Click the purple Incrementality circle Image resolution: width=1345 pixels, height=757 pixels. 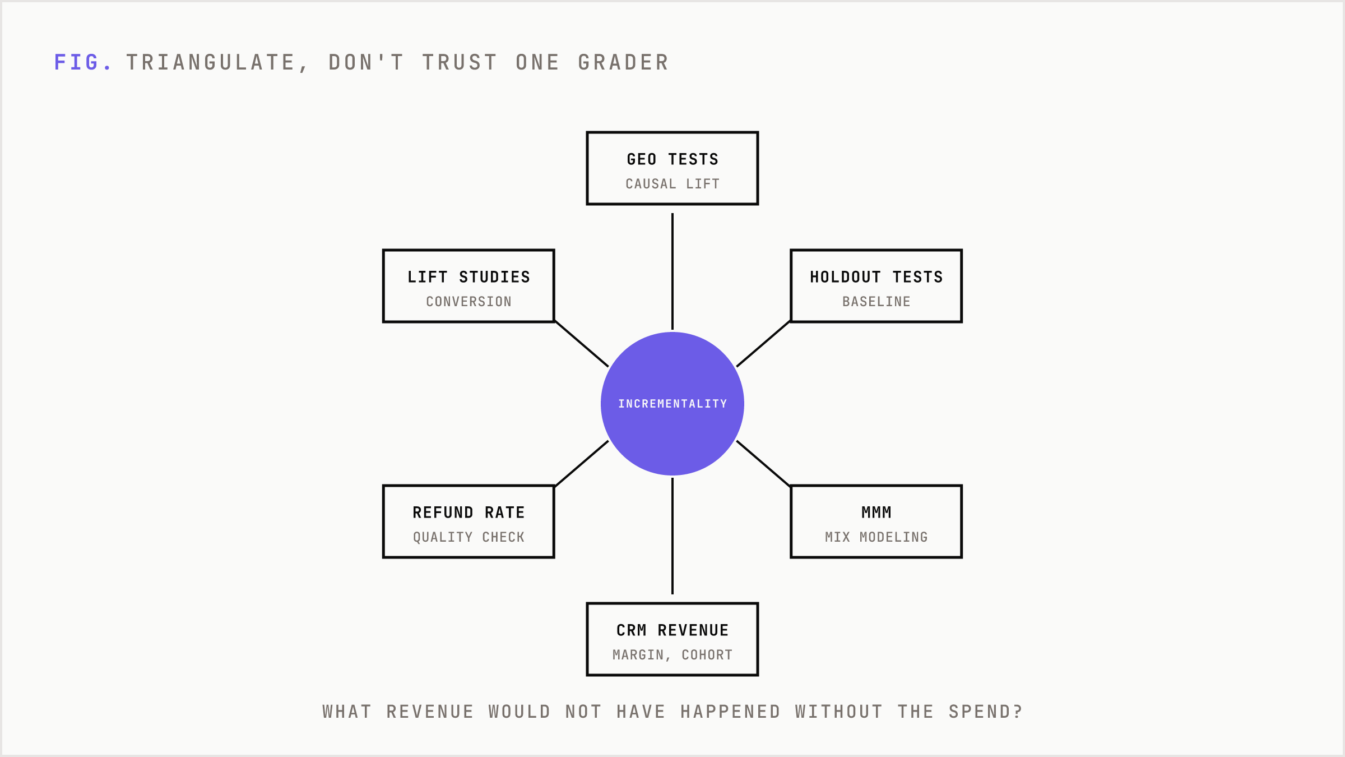(672, 404)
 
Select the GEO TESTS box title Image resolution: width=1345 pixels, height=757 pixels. (672, 159)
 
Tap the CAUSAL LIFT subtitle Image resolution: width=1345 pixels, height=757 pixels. (672, 184)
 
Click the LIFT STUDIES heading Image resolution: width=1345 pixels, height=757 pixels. (469, 277)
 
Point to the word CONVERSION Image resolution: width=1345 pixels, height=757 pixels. (469, 302)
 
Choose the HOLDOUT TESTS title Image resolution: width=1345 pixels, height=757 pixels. (876, 277)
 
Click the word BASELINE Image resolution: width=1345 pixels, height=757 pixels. (876, 302)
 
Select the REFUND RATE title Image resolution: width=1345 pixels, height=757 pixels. (469, 513)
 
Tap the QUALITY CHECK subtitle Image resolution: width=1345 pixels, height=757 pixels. (469, 537)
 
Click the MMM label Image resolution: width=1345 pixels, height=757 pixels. (876, 513)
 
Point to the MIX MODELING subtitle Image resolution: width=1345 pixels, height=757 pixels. (876, 537)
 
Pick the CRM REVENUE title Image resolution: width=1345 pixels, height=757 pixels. (672, 630)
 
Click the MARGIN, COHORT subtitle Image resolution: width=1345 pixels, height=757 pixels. (672, 655)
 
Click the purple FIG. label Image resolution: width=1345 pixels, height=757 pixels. (83, 62)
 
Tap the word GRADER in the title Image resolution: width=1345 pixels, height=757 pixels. (624, 62)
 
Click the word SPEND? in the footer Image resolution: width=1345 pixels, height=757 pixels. (986, 712)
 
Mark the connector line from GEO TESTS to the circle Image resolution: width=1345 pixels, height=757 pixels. (672, 271)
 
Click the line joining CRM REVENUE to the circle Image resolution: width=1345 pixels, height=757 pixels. (672, 536)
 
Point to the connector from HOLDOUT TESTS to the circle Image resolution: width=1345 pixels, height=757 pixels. (763, 344)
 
